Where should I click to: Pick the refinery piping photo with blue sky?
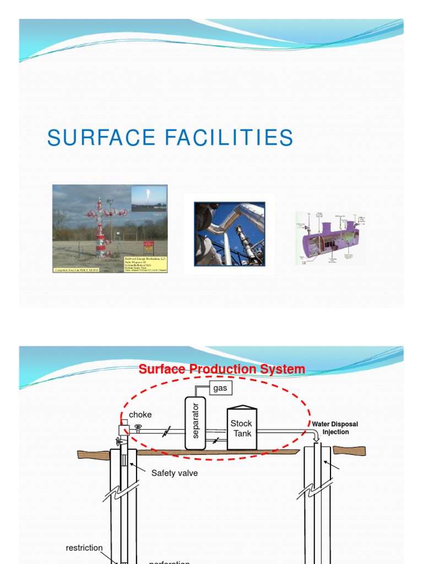pyautogui.click(x=230, y=234)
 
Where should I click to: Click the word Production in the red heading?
pyautogui.click(x=223, y=369)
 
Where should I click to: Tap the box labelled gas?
pyautogui.click(x=220, y=388)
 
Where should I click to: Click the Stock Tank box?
pyautogui.click(x=241, y=429)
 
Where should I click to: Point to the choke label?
pyautogui.click(x=140, y=415)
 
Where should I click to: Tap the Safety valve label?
pyautogui.click(x=174, y=473)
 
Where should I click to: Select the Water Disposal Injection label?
pyautogui.click(x=335, y=428)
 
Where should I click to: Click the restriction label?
pyautogui.click(x=84, y=548)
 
